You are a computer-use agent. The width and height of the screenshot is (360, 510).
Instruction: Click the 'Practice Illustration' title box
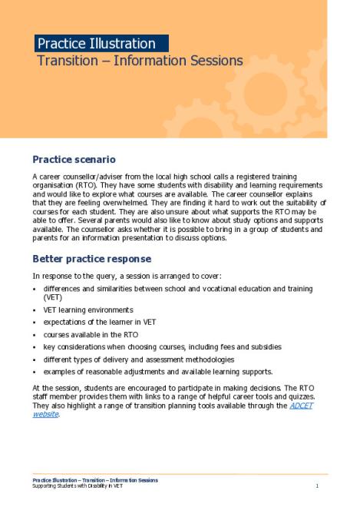[101, 44]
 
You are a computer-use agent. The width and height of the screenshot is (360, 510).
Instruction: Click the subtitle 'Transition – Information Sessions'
[140, 61]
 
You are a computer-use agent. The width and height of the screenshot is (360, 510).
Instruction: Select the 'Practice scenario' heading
[74, 160]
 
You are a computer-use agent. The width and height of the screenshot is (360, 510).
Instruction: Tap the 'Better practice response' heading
[91, 259]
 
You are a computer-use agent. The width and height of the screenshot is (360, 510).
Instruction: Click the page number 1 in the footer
[317, 486]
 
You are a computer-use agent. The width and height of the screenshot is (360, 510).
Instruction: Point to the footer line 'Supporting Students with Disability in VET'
[77, 486]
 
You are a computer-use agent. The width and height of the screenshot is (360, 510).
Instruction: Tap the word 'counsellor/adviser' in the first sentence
[85, 177]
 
